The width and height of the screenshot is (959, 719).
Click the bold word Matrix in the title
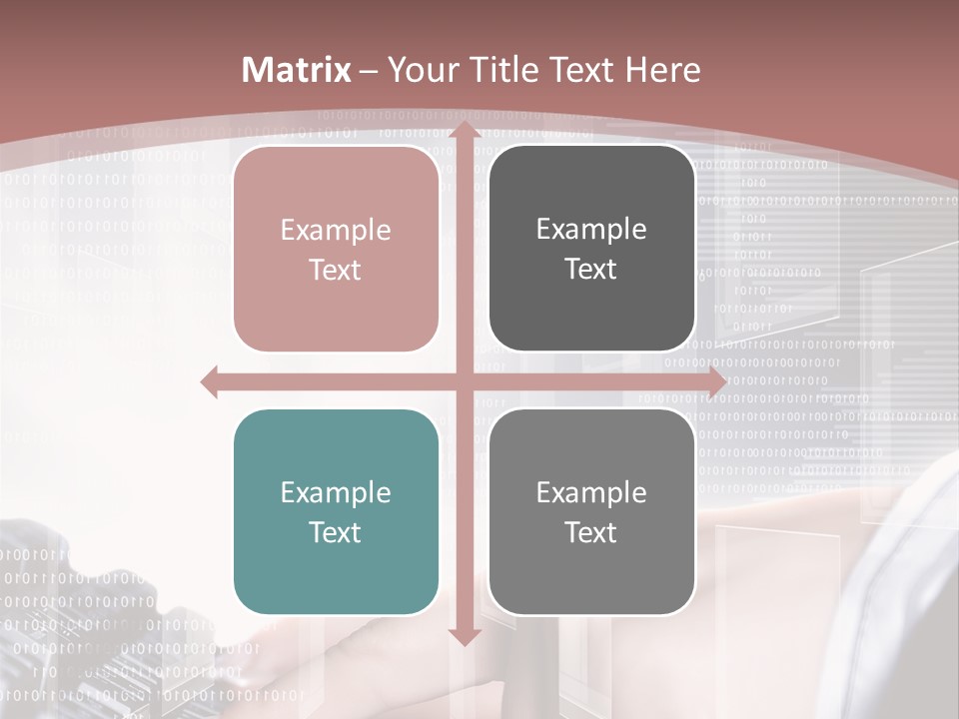(x=297, y=70)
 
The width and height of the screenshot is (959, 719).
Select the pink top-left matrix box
(x=336, y=249)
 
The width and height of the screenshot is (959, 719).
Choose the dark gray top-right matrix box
(x=591, y=249)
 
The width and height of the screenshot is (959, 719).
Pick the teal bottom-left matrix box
(x=336, y=512)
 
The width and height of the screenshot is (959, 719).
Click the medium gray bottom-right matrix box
(x=591, y=512)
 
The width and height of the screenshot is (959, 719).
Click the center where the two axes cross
(x=464, y=382)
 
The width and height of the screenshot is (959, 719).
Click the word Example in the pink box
(x=336, y=231)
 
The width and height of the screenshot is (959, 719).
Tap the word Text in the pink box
(x=336, y=270)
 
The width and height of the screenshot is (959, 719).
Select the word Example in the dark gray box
(x=591, y=230)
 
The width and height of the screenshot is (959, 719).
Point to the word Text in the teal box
(x=336, y=532)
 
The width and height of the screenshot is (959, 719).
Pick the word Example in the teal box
(x=336, y=493)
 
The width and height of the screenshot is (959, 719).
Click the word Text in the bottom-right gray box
(x=591, y=532)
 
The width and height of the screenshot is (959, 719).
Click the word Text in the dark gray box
(x=591, y=269)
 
